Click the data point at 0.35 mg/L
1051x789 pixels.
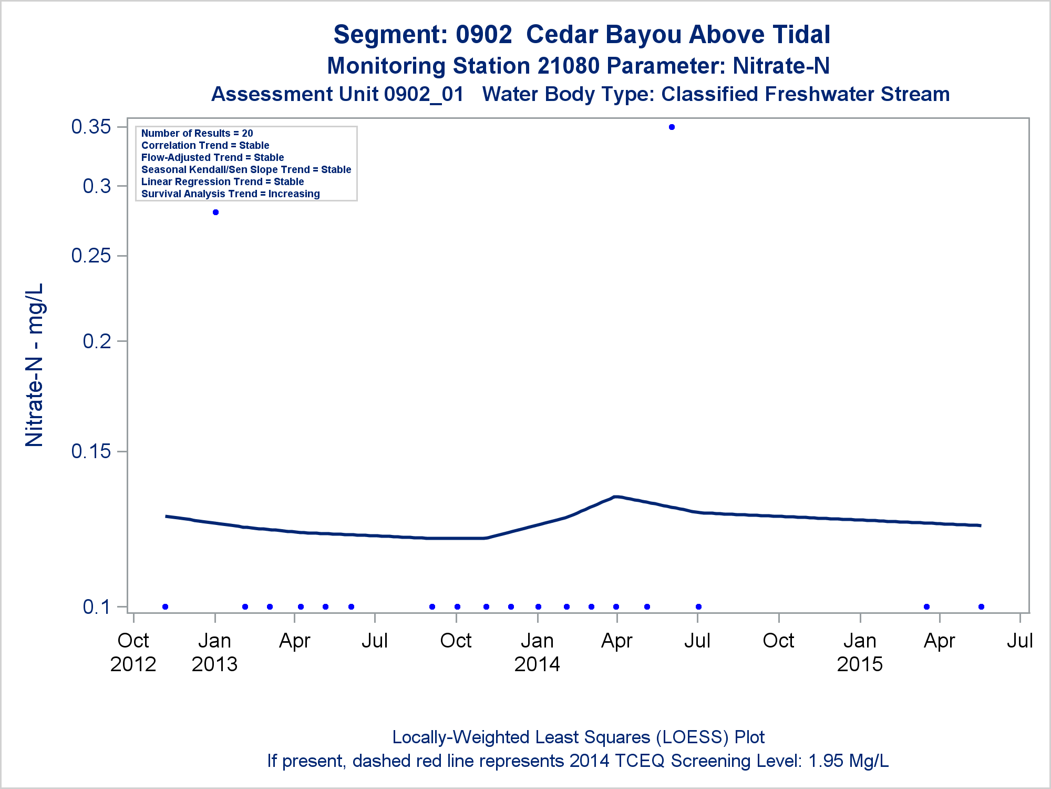[x=672, y=127]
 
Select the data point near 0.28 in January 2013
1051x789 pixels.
[x=215, y=213]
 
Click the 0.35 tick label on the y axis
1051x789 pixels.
[x=91, y=127]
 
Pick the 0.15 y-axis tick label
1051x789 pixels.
[x=91, y=451]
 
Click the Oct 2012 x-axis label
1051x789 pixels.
[x=133, y=652]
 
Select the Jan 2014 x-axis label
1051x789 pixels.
[x=537, y=652]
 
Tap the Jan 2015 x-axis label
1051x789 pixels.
[x=860, y=652]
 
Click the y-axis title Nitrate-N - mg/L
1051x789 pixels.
[x=35, y=365]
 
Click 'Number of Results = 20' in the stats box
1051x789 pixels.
[x=197, y=134]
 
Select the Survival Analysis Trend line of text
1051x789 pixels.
[x=230, y=194]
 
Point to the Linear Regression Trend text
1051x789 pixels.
[x=222, y=182]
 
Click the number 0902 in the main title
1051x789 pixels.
[x=483, y=35]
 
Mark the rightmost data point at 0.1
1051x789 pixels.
[x=981, y=607]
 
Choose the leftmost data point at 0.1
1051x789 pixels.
[x=166, y=607]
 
